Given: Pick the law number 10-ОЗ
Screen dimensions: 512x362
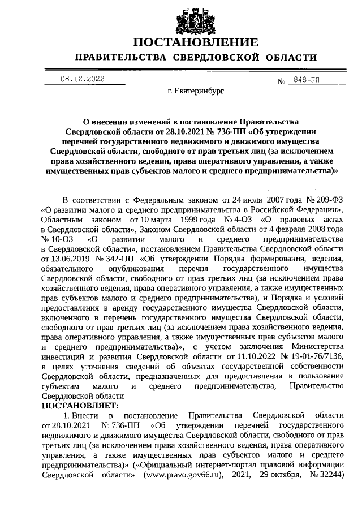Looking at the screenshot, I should tap(57, 239).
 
